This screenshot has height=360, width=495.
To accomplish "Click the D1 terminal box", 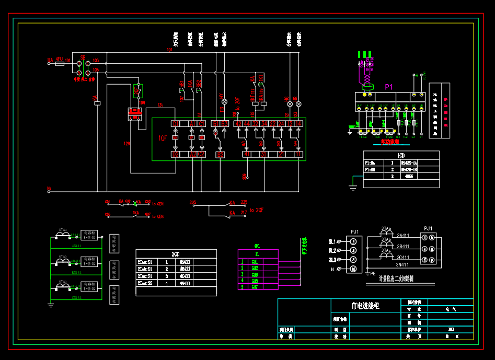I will pyautogui.click(x=176, y=124).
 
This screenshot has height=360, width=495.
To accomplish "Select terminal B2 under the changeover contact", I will pyautogui.click(x=221, y=155).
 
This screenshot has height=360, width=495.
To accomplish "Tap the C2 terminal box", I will pyautogui.click(x=202, y=155).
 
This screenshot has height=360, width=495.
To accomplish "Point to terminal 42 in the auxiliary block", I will pyautogui.click(x=238, y=124).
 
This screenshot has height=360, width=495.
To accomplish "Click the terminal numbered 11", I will pyautogui.click(x=299, y=155).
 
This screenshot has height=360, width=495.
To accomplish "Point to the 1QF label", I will pyautogui.click(x=163, y=138).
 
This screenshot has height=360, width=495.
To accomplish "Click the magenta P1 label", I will pyautogui.click(x=388, y=87).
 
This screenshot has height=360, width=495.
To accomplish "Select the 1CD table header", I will pyautogui.click(x=401, y=155).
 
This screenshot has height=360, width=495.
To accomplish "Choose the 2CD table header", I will pyautogui.click(x=176, y=253).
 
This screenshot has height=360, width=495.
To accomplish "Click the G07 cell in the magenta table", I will pyautogui.click(x=255, y=287).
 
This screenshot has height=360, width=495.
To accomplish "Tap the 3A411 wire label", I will pyautogui.click(x=403, y=236).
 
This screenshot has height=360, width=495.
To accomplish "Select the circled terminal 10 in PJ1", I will pyautogui.click(x=353, y=269).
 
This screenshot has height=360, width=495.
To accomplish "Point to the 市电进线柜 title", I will pyautogui.click(x=365, y=306).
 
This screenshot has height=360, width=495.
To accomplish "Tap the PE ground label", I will pyautogui.click(x=373, y=273).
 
